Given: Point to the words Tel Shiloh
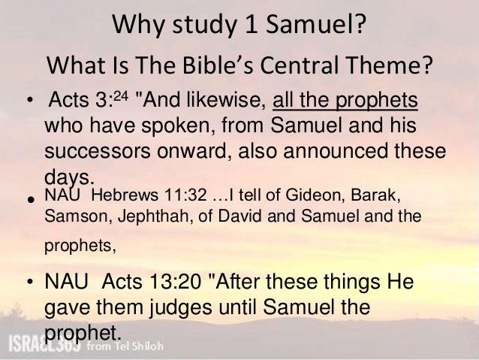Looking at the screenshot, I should tap(134, 346).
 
